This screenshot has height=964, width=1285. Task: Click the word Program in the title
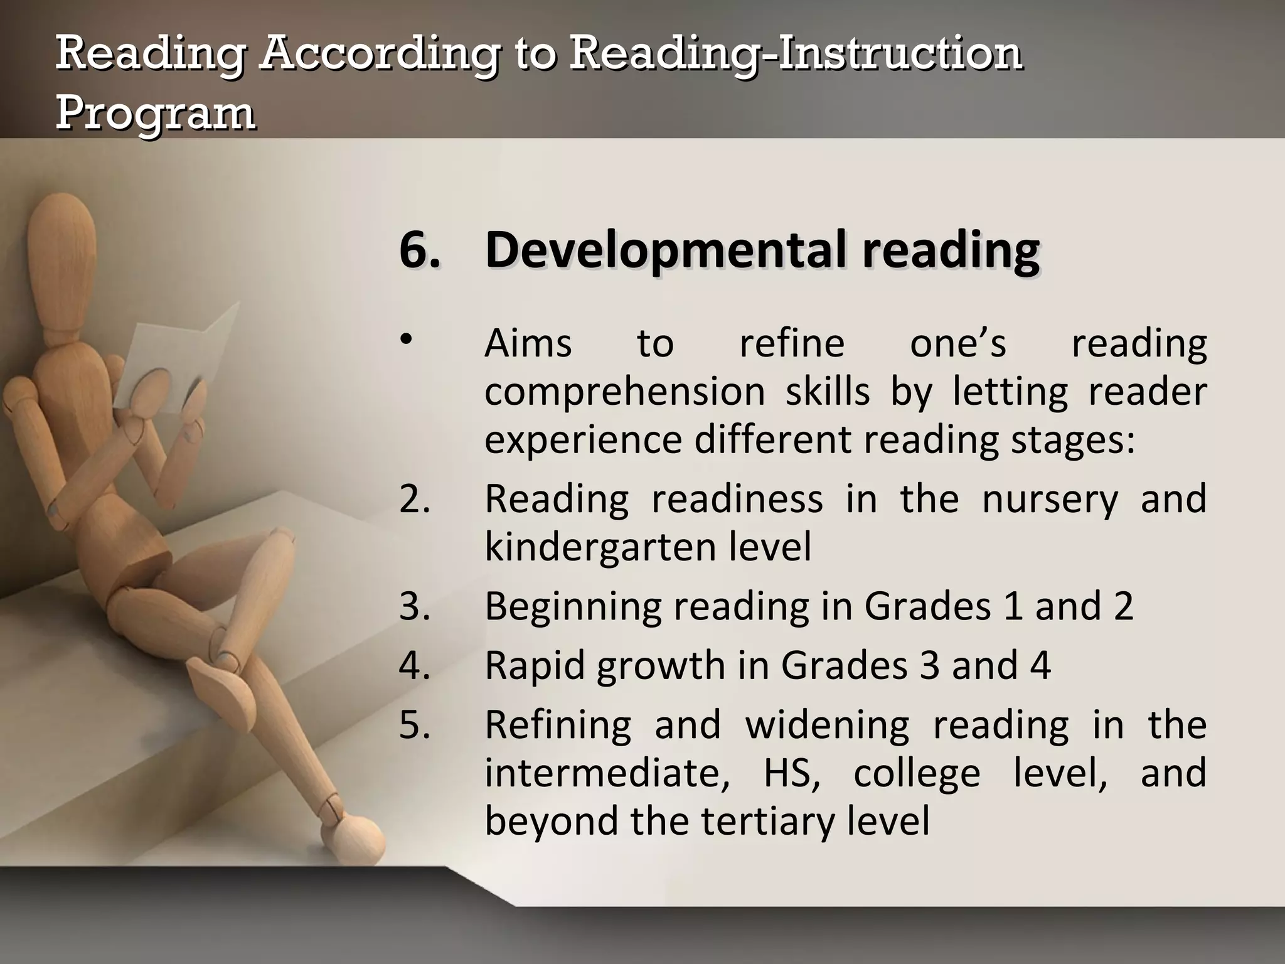point(155,114)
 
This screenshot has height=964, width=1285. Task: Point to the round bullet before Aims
point(407,340)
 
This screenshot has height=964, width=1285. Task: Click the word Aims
point(528,344)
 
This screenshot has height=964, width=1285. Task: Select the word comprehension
point(624,392)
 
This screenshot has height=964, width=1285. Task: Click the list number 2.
point(414,499)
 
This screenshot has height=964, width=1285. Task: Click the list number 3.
point(414,606)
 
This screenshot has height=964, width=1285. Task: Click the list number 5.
point(414,725)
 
